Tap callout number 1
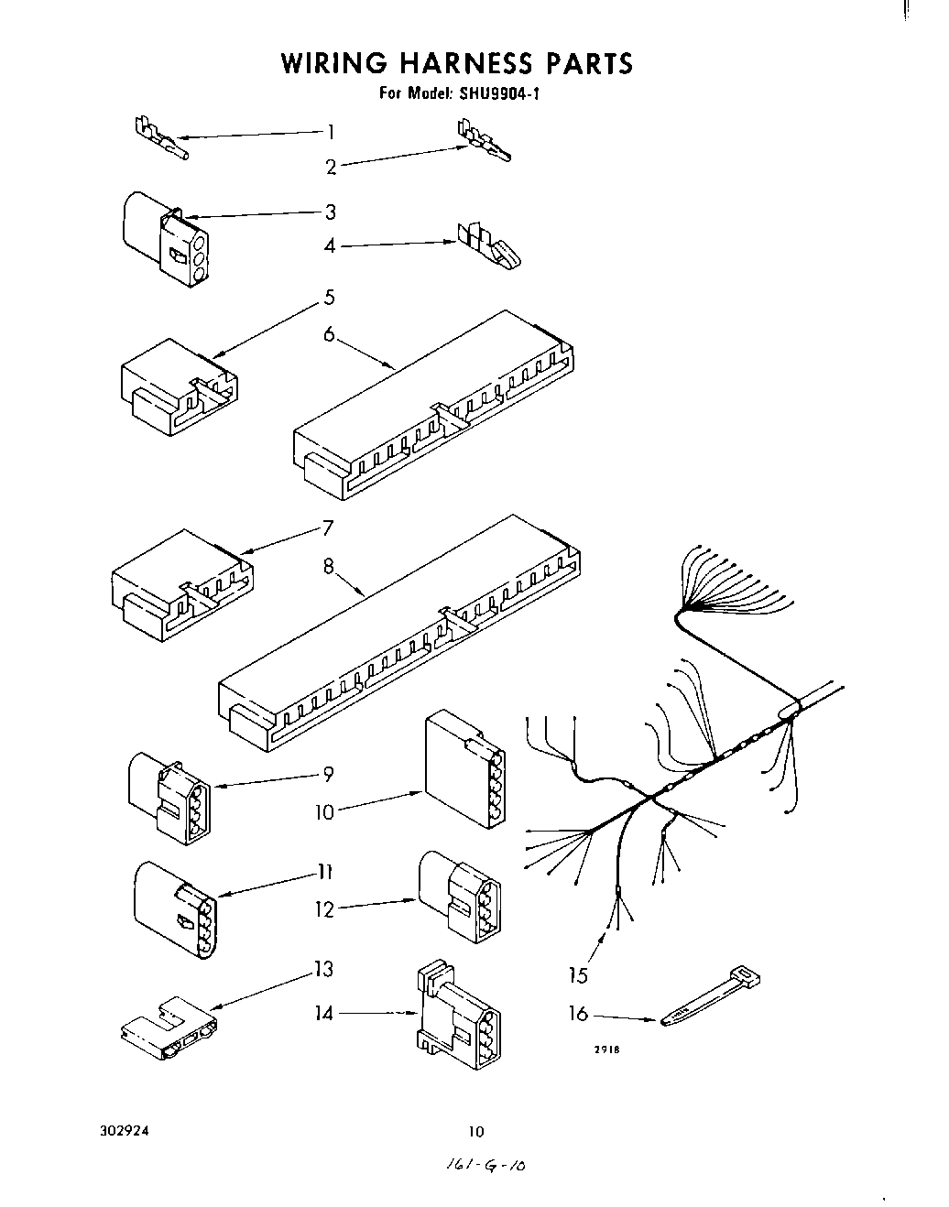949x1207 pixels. (x=331, y=131)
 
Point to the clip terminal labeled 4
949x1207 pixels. (x=491, y=249)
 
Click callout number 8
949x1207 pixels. (x=328, y=566)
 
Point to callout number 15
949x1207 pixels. (x=578, y=975)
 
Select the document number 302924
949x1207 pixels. (x=123, y=1130)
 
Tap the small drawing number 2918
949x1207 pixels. (x=608, y=1050)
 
